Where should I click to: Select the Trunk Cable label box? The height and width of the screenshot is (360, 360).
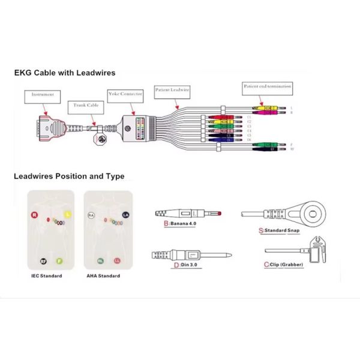[x=85, y=105]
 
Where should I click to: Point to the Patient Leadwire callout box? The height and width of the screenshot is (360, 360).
[x=173, y=89]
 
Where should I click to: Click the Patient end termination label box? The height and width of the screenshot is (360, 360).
[x=267, y=86]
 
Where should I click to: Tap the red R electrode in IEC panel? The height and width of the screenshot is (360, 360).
[x=35, y=214]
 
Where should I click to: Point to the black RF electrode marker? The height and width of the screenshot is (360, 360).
[x=43, y=260]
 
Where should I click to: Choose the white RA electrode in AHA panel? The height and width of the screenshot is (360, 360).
[x=91, y=214]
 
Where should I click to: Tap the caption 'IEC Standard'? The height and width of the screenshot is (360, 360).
[x=46, y=276]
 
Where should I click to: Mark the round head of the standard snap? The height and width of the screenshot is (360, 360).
[x=313, y=213]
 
